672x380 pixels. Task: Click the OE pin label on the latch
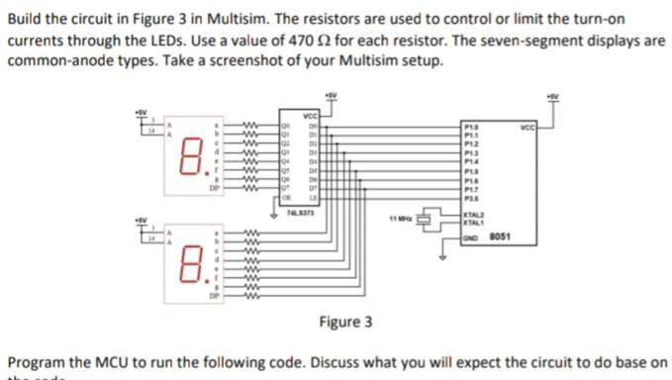click(x=288, y=197)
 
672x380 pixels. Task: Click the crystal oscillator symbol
click(x=432, y=217)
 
